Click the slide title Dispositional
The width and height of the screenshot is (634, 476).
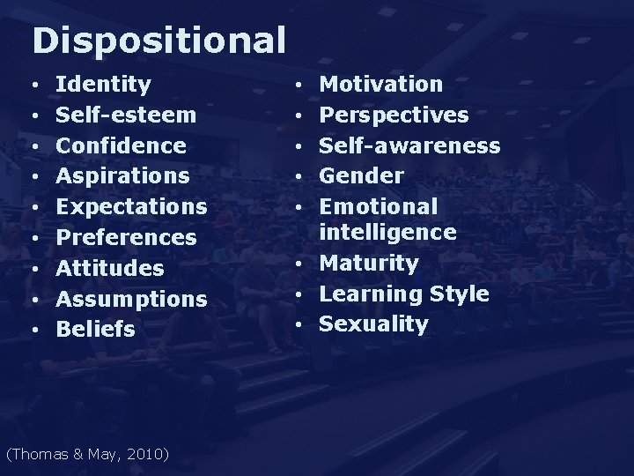[158, 40]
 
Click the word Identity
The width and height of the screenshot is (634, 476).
[103, 85]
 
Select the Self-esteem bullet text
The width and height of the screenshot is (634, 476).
[126, 115]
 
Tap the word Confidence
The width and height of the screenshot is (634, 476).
[121, 145]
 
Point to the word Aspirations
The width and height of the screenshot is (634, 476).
[122, 176]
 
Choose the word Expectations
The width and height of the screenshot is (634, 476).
[131, 207]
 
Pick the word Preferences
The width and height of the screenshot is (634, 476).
[126, 237]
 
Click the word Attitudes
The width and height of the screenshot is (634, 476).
[110, 268]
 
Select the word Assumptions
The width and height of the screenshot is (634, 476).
[131, 299]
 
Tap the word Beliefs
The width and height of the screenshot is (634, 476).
[96, 329]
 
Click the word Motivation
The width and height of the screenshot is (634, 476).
[381, 85]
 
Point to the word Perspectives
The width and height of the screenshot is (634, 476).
[394, 115]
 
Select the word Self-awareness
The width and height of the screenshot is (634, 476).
[409, 145]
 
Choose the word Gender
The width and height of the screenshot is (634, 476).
[361, 175]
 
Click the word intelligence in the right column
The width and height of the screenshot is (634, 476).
[387, 232]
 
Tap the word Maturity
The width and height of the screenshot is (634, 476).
[369, 263]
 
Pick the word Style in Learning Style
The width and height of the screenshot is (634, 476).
[460, 294]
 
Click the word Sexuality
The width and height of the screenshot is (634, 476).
[373, 324]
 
